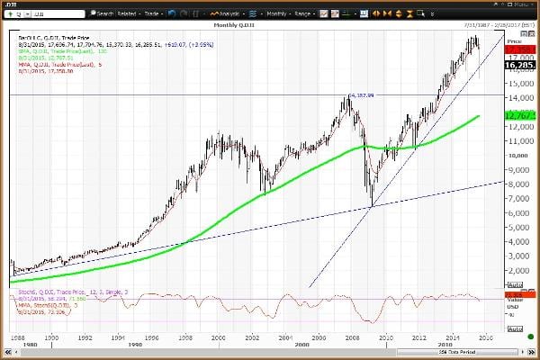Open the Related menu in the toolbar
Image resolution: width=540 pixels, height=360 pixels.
(128, 14)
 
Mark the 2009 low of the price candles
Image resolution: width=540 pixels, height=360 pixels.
(371, 207)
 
